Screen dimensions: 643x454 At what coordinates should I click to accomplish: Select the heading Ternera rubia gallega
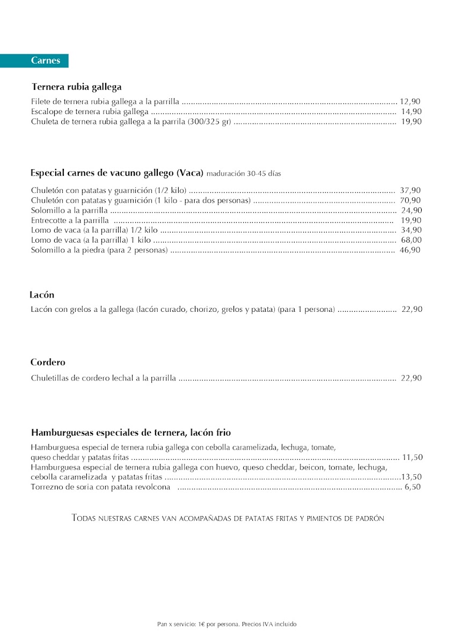pos(76,87)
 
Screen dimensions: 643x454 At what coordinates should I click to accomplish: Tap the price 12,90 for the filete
pos(410,101)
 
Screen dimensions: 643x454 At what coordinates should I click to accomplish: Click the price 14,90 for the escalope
pos(411,111)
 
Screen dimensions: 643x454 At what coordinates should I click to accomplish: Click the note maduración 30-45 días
pos(244,174)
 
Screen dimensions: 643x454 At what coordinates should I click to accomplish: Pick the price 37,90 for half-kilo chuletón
pos(411,190)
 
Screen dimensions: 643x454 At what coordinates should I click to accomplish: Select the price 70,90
pos(411,200)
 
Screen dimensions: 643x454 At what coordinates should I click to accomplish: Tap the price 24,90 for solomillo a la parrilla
pos(411,211)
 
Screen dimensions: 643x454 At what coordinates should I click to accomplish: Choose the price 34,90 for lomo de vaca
pos(411,230)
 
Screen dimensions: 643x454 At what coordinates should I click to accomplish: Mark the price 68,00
pos(411,240)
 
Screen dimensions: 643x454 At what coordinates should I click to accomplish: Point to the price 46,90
pos(410,250)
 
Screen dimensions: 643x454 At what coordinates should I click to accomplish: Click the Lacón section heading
pos(42,295)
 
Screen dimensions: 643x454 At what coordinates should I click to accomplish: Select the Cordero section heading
pos(48,363)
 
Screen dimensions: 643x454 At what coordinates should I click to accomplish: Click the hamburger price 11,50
pos(412,458)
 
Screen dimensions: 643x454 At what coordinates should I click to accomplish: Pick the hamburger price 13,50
pos(412,477)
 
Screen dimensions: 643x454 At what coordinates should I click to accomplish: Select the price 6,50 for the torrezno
pos(413,487)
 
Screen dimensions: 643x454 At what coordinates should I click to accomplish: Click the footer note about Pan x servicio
pos(226,624)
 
